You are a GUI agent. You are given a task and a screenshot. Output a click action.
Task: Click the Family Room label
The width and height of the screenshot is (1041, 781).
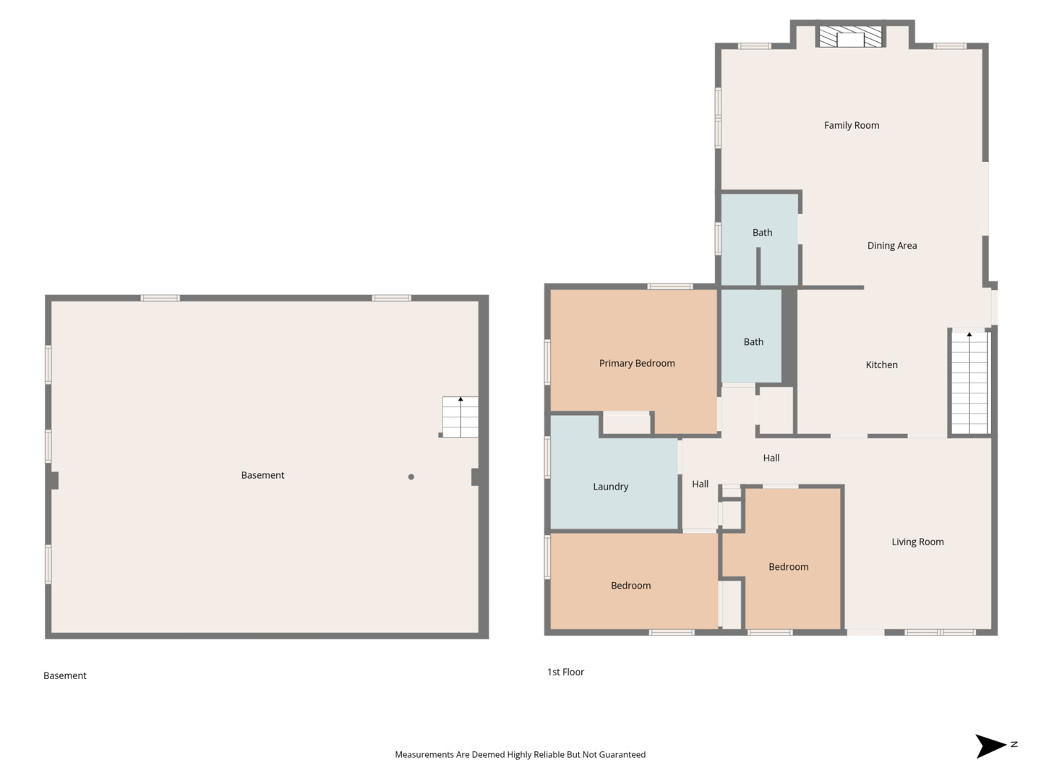click(852, 125)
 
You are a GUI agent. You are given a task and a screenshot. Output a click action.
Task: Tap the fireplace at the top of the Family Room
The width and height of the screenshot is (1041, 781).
click(850, 36)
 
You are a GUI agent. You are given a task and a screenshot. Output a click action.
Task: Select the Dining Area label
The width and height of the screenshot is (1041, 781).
click(891, 246)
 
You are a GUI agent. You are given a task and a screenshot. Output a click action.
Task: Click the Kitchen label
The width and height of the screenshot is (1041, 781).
click(881, 364)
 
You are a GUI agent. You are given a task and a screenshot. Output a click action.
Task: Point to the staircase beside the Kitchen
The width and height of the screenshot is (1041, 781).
click(969, 383)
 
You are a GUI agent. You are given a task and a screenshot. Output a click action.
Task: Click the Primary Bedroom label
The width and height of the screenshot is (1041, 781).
click(636, 363)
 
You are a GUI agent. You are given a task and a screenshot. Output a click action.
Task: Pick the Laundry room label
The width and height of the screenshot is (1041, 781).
click(610, 487)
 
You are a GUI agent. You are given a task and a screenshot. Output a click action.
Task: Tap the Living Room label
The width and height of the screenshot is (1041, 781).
click(917, 542)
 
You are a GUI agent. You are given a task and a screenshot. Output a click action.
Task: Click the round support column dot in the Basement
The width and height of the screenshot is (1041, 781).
click(411, 477)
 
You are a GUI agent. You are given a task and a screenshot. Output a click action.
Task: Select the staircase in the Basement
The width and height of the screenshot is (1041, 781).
click(460, 417)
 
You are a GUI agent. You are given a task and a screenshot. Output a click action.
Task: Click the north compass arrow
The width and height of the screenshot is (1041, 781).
click(990, 746)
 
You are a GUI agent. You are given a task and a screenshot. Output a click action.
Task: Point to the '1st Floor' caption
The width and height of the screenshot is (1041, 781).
click(565, 672)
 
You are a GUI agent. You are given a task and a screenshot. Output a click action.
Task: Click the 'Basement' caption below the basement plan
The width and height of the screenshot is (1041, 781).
click(65, 675)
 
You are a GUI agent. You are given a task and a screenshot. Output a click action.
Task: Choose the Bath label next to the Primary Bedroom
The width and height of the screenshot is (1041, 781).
click(753, 342)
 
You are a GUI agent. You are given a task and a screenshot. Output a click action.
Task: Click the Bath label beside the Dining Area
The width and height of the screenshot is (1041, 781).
click(762, 232)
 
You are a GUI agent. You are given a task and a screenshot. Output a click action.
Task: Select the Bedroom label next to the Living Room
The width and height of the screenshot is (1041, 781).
click(788, 567)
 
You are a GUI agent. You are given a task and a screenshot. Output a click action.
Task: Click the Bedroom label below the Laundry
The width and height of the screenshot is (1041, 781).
click(630, 586)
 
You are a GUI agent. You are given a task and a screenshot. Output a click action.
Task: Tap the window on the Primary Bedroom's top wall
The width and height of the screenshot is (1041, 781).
click(669, 286)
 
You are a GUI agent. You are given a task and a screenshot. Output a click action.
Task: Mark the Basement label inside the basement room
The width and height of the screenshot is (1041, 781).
click(262, 475)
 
